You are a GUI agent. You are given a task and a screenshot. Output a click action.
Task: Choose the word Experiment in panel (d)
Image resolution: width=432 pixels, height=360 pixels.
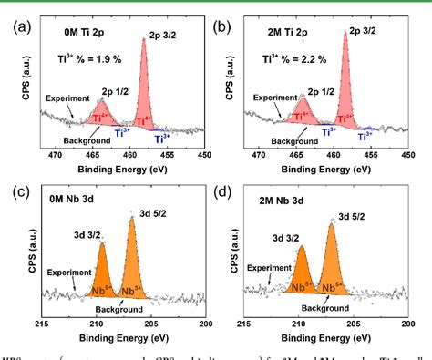[270, 268]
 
